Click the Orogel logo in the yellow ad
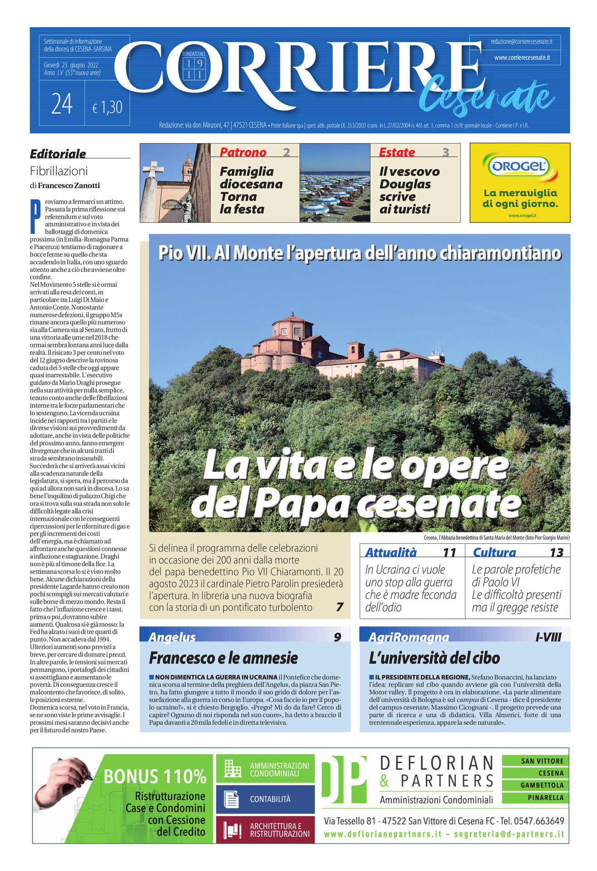519,166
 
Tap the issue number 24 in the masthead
62,104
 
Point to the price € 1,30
107,108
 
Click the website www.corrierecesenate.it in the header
522,58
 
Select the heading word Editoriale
58,154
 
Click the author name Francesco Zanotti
69,186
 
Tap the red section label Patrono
243,152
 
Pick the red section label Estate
397,152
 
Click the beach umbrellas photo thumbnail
335,183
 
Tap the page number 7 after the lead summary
339,607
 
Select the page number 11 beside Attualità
449,552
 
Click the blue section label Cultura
494,552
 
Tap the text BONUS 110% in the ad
155,777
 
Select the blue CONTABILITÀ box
265,799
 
